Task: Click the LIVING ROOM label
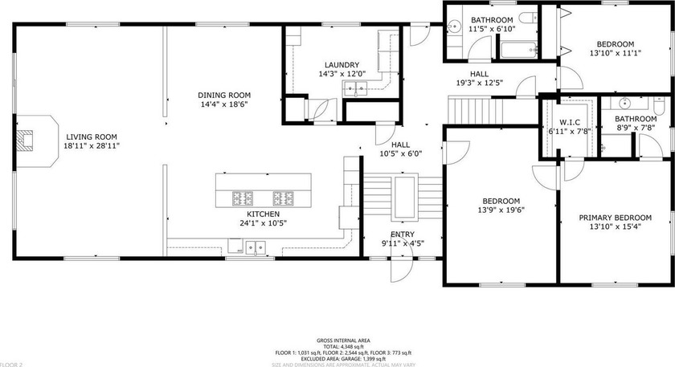(92, 137)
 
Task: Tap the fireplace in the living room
(30, 140)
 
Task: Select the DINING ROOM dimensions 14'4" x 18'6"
(223, 104)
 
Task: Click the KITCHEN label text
(263, 191)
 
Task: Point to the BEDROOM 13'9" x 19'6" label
(501, 201)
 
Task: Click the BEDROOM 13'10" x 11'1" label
(615, 44)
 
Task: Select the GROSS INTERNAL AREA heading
(337, 340)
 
